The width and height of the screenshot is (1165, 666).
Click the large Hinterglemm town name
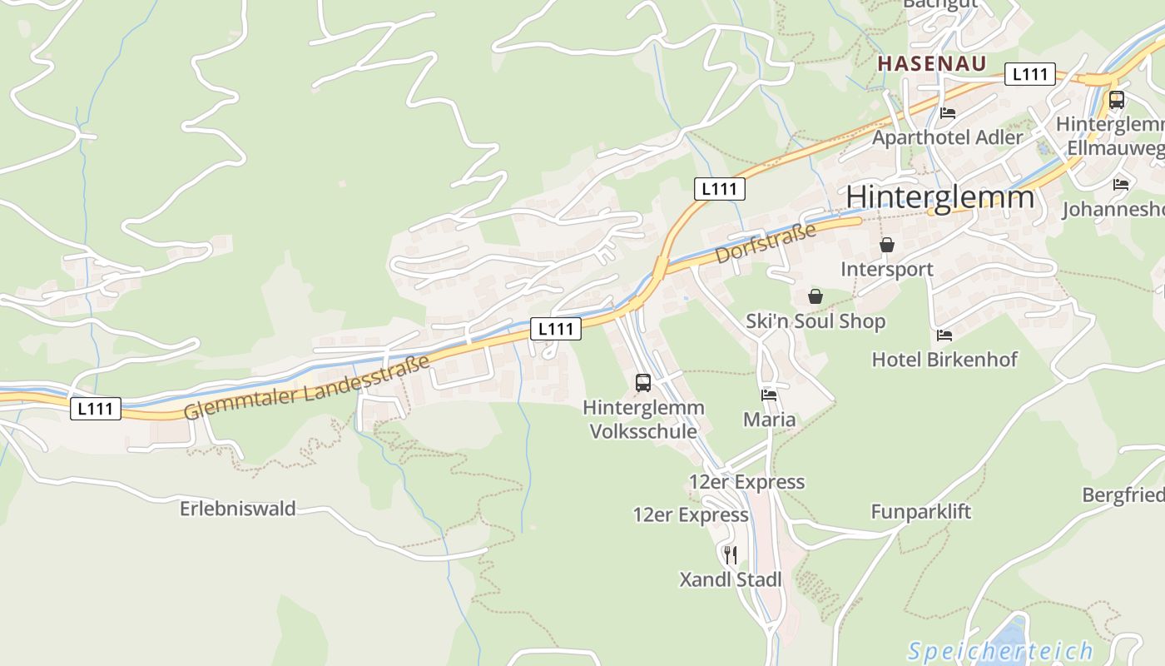tap(940, 197)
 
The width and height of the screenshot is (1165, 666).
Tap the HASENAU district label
tap(932, 63)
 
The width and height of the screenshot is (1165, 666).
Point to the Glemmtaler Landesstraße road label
tap(307, 387)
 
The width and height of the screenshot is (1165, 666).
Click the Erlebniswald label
tap(238, 509)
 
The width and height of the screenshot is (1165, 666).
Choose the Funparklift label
tap(920, 511)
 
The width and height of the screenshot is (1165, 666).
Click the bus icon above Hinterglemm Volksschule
tap(643, 383)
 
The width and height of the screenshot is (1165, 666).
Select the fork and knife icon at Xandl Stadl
tap(730, 554)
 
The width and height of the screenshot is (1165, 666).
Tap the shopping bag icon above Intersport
tap(887, 245)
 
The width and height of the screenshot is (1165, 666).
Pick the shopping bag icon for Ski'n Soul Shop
tap(815, 296)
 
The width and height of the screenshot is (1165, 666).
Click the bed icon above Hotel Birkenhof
tap(944, 335)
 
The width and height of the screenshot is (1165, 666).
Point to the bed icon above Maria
tap(769, 395)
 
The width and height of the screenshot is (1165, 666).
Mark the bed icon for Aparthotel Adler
tap(948, 113)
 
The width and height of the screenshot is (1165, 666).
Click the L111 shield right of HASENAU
tap(1030, 74)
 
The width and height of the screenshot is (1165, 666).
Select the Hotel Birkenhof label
tap(944, 360)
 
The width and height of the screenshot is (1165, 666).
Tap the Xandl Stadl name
tap(731, 579)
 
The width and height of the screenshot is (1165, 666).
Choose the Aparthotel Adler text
tap(947, 137)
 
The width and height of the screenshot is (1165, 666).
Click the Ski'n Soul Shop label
tap(815, 321)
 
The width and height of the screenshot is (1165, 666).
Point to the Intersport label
tap(887, 270)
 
